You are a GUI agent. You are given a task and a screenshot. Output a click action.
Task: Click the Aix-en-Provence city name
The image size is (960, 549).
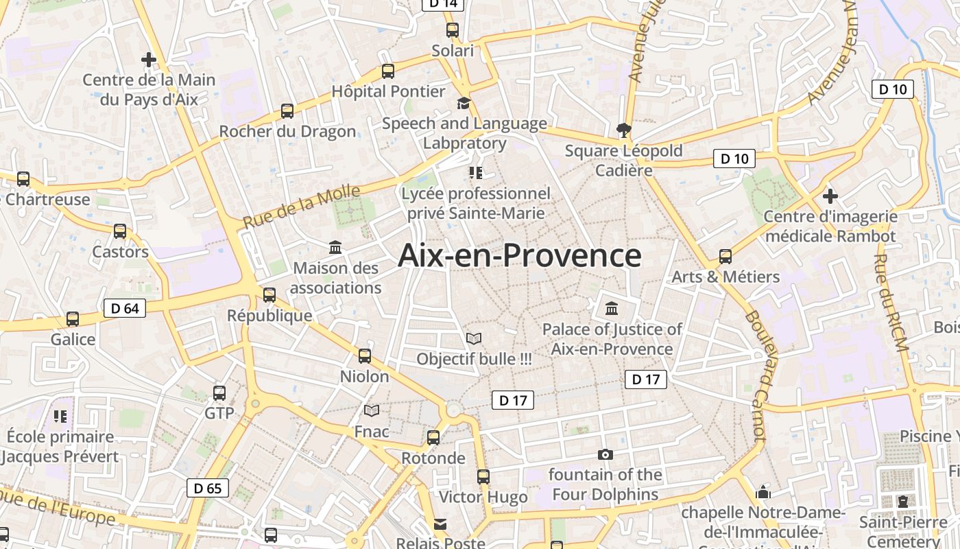(x=520, y=255)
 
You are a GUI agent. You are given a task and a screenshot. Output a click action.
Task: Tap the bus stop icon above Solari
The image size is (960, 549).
(x=452, y=30)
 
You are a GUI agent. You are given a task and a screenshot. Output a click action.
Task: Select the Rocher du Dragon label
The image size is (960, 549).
(x=287, y=131)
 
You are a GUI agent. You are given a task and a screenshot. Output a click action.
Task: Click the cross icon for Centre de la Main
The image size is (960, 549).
(x=149, y=60)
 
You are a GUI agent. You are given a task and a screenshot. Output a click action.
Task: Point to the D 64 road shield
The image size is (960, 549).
(x=125, y=308)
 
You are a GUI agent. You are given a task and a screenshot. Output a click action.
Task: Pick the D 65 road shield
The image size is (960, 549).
(x=208, y=488)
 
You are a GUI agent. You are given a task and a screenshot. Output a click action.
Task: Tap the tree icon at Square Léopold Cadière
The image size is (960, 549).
(x=623, y=130)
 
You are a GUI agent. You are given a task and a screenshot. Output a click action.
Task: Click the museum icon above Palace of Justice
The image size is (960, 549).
(x=612, y=309)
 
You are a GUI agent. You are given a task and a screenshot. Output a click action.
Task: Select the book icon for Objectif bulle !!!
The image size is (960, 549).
(x=474, y=338)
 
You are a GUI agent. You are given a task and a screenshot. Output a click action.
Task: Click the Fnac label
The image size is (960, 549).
(x=372, y=432)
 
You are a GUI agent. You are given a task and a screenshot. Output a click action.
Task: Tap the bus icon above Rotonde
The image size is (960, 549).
(x=433, y=438)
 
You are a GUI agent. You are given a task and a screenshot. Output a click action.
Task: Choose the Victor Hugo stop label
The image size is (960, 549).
(x=483, y=497)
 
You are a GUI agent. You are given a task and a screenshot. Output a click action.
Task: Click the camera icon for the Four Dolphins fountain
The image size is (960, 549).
(x=605, y=454)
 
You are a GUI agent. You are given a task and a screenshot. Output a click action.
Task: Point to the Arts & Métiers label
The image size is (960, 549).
(x=725, y=277)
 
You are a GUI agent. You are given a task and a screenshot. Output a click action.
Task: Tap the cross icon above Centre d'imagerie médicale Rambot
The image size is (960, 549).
(x=830, y=196)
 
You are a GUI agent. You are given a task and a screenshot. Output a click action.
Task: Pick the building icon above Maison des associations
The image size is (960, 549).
(x=335, y=247)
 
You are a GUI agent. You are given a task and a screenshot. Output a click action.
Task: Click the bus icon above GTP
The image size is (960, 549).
(x=219, y=393)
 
